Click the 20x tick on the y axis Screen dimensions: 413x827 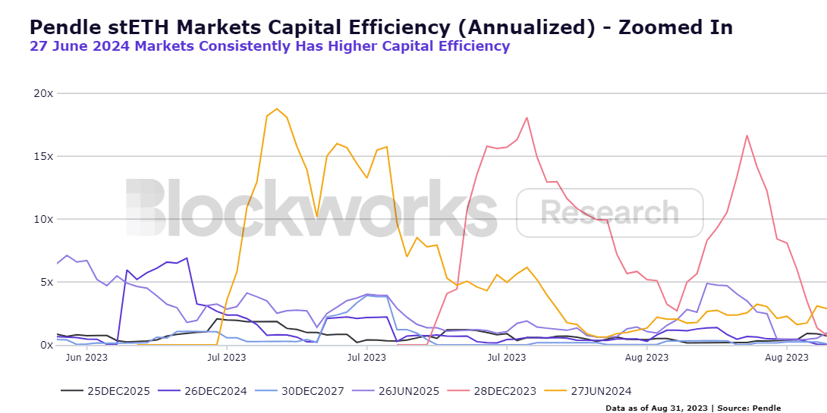(42, 93)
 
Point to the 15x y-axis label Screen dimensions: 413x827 (42, 156)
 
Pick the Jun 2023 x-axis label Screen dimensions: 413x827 (85, 356)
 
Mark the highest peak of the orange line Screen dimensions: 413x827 (277, 108)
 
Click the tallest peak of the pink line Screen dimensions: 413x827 (527, 117)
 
